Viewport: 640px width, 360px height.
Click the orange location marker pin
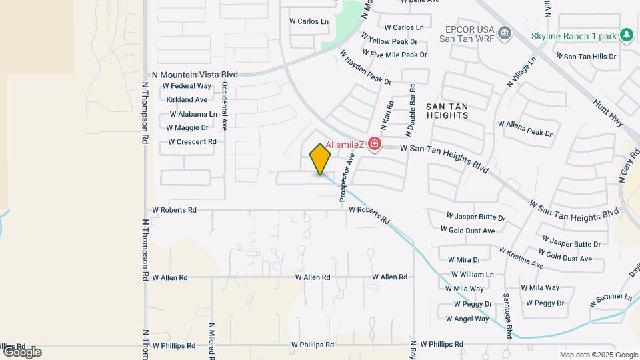[x=320, y=159]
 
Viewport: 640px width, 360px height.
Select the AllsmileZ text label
[x=345, y=145]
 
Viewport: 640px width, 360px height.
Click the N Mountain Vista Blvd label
[x=195, y=75]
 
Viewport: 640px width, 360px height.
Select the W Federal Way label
[x=187, y=86]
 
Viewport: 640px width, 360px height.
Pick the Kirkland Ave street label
[x=187, y=99]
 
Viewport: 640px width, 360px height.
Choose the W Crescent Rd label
[x=192, y=141]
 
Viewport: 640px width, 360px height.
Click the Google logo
[x=21, y=352]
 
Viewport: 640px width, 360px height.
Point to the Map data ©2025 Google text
[x=599, y=355]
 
